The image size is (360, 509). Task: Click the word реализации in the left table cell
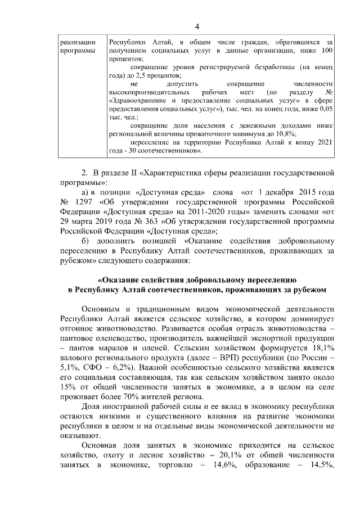(x=76, y=42)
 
